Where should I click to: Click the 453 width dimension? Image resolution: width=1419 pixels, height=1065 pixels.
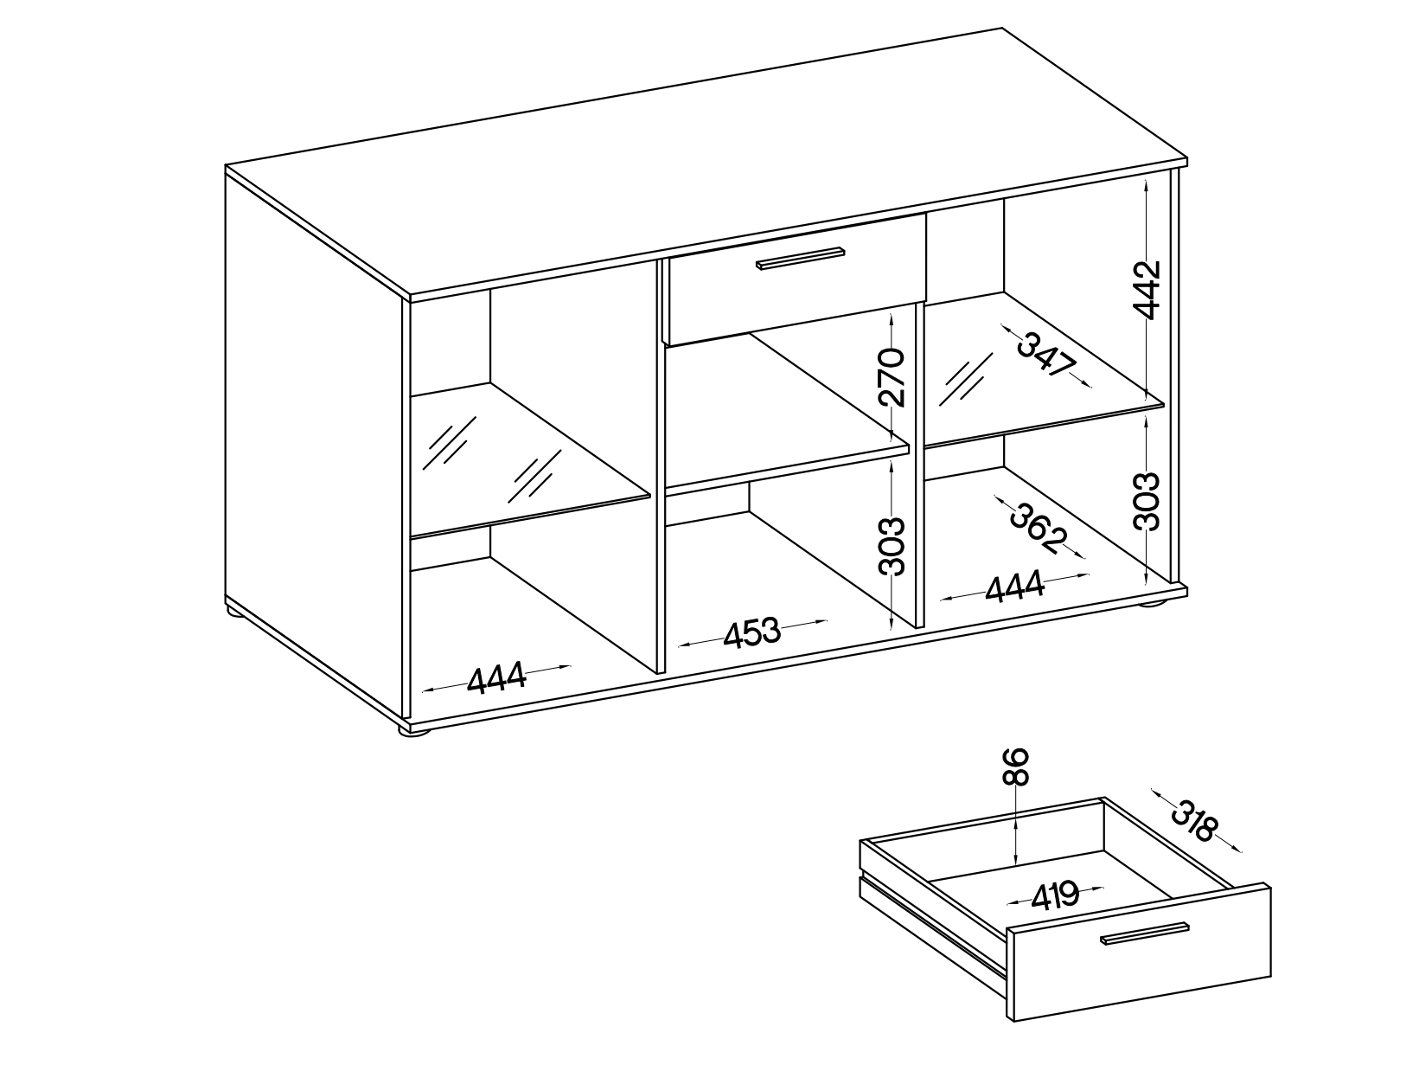[751, 633]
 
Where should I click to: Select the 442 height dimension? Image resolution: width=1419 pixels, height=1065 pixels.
[1148, 290]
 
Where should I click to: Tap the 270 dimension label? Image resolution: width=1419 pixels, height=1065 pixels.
[892, 377]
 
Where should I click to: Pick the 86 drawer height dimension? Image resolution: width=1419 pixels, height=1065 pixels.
[1015, 767]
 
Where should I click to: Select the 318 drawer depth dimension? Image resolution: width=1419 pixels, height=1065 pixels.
[1196, 820]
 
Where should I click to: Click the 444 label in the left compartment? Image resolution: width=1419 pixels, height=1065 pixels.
[496, 678]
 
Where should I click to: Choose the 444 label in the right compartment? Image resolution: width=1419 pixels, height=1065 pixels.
[1014, 586]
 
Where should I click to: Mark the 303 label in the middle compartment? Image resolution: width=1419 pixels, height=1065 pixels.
[892, 546]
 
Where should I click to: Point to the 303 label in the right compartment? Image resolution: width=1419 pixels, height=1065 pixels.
[1147, 501]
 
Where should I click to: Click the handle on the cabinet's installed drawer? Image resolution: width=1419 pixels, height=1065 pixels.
[801, 257]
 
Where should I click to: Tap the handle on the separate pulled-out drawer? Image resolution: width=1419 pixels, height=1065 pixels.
[1145, 933]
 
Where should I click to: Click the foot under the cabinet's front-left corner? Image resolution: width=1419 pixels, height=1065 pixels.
[414, 732]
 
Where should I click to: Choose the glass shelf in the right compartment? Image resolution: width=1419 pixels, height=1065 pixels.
[1044, 369]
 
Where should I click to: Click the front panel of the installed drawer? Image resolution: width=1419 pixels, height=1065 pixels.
[797, 280]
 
